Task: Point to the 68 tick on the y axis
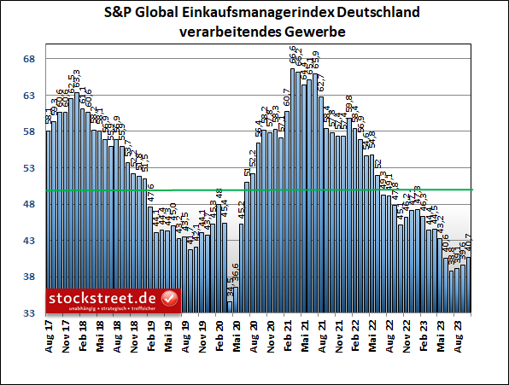click(x=28, y=59)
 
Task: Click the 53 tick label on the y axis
click(x=28, y=168)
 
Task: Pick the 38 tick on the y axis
click(x=28, y=277)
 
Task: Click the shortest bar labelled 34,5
click(x=230, y=307)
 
